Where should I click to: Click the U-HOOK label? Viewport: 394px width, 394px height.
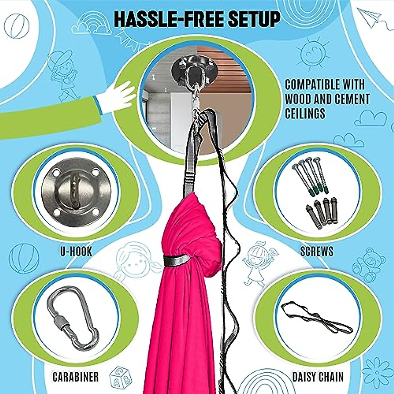[x=76, y=252]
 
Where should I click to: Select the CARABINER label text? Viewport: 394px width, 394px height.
[x=76, y=377]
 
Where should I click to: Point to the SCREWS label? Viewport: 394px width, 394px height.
[x=317, y=252]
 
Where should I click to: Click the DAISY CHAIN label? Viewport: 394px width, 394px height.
[x=317, y=377]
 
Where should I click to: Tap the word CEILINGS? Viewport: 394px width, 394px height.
[x=305, y=114]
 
